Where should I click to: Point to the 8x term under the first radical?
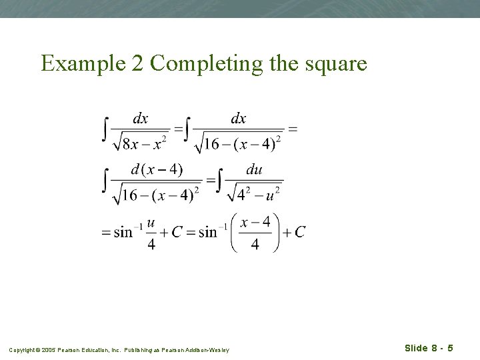pyautogui.click(x=129, y=144)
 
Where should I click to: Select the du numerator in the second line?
pyautogui.click(x=254, y=170)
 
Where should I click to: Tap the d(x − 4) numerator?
pyautogui.click(x=157, y=169)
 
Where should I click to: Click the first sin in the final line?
pyautogui.click(x=123, y=233)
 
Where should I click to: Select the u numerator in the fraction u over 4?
pyautogui.click(x=151, y=223)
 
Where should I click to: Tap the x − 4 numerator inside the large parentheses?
pyautogui.click(x=255, y=222)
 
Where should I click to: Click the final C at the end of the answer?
pyautogui.click(x=300, y=232)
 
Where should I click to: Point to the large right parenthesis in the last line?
pyautogui.click(x=275, y=233)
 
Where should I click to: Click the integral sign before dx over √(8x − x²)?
pyautogui.click(x=105, y=129)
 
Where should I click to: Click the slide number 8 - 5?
pyautogui.click(x=441, y=349)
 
